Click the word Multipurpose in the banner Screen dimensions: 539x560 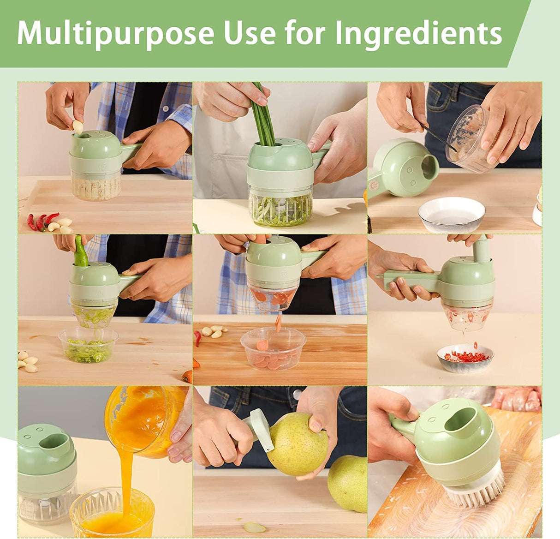[115, 33]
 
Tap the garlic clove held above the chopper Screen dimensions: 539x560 [78, 126]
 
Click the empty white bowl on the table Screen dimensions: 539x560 [452, 214]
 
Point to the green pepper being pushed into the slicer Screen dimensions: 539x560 [81, 252]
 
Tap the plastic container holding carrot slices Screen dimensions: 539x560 [273, 349]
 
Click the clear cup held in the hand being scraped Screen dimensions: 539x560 [467, 139]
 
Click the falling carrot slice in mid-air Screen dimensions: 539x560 [278, 323]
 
